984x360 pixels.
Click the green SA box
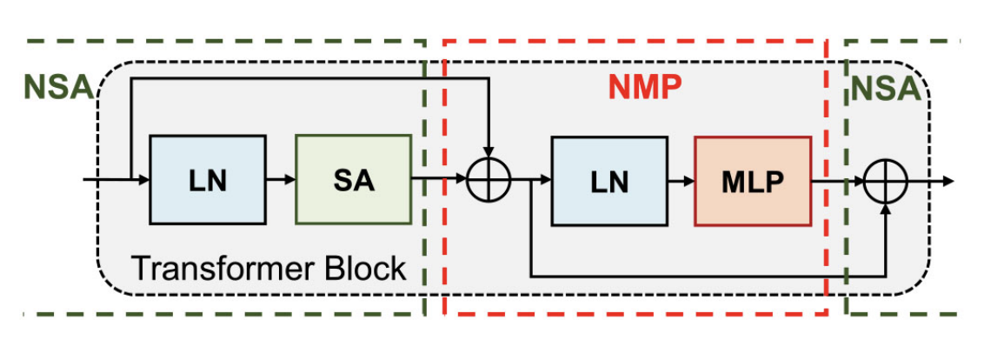[353, 180]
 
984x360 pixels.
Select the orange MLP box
[753, 181]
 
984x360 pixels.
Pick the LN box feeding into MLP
[609, 181]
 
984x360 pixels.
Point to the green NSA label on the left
[57, 87]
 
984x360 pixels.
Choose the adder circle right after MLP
[886, 181]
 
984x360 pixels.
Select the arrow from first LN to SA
[280, 180]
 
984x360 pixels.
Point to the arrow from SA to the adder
[439, 181]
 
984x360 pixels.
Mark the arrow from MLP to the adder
[838, 181]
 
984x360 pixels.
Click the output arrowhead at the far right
[949, 181]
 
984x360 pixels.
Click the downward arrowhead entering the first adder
[489, 153]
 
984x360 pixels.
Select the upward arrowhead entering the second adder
[886, 208]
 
